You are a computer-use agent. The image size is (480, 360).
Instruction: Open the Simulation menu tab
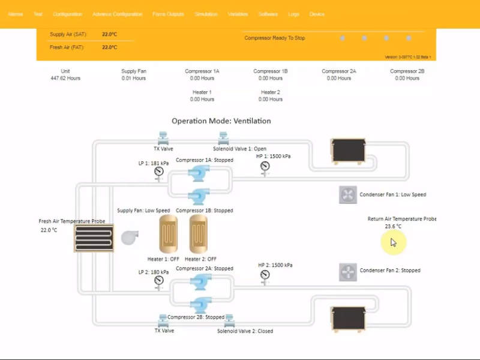206,14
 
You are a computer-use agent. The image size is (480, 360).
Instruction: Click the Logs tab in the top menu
293,14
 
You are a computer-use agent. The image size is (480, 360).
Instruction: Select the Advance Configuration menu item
118,14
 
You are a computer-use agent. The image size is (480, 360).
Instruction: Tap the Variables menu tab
238,14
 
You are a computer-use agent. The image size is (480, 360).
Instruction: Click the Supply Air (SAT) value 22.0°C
109,34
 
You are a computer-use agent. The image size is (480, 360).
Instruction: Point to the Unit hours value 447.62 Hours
65,78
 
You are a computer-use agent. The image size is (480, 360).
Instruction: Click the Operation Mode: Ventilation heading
221,121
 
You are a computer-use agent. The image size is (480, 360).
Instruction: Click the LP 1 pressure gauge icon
159,172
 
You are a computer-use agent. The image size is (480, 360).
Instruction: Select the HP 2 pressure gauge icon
265,275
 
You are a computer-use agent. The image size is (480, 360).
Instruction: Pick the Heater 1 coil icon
169,234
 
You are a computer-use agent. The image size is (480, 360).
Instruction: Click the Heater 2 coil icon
199,234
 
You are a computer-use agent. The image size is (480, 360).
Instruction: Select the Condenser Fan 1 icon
348,194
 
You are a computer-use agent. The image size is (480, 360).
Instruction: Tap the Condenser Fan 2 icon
348,272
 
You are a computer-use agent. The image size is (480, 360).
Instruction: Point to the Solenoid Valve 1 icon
223,137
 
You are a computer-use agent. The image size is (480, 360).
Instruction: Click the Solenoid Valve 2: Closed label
245,331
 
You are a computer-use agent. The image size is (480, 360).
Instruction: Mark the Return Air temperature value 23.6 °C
393,226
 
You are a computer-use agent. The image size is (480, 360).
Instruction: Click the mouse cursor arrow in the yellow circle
393,242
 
